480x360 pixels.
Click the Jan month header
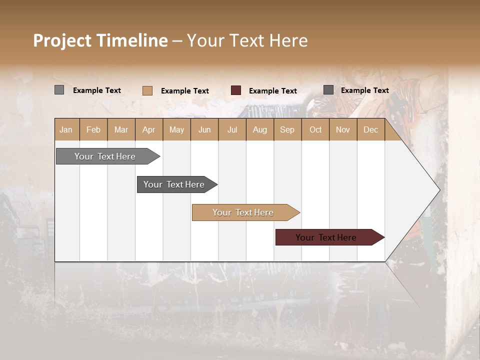[x=66, y=129]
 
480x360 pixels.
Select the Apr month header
[x=149, y=129]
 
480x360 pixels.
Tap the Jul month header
[x=232, y=129]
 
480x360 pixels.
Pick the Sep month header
[x=287, y=129]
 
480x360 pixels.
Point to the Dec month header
[x=370, y=129]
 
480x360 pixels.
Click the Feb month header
[x=93, y=129]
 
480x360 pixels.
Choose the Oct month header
[x=315, y=129]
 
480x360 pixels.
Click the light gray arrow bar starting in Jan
[x=105, y=156]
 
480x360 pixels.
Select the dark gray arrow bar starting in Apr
[x=174, y=184]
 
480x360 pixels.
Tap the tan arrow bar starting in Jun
[x=243, y=212]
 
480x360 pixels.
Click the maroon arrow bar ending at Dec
[x=326, y=237]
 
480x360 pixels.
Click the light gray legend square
[x=59, y=90]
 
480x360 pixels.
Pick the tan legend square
[x=147, y=90]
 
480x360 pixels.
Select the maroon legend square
[x=236, y=90]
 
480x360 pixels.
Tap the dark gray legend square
[x=328, y=89]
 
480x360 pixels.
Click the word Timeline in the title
[x=131, y=40]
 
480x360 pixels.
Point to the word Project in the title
[x=62, y=40]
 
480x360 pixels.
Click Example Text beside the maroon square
[x=272, y=90]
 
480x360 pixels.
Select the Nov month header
[x=343, y=129]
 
